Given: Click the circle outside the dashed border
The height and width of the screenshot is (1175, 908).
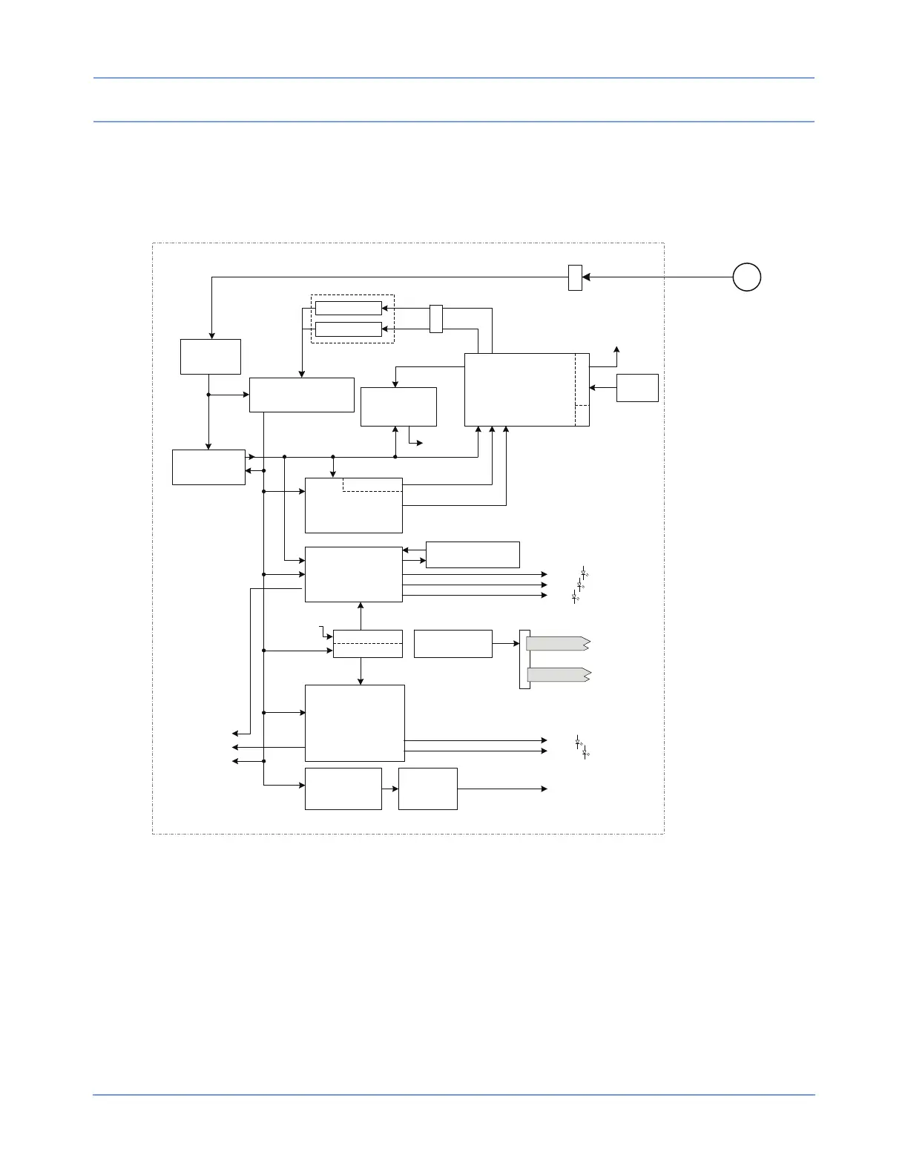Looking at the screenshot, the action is coord(746,277).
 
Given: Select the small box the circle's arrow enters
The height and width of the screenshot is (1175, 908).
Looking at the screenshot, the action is coord(575,277).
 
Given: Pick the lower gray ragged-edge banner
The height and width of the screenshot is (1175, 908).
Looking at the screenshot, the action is coord(558,675).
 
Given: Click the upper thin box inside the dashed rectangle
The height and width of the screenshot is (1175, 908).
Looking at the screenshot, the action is coord(348,309).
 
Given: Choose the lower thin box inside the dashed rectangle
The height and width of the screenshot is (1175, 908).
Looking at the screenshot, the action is coord(348,329).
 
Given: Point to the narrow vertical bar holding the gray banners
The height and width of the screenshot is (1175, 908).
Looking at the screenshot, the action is coord(524,659).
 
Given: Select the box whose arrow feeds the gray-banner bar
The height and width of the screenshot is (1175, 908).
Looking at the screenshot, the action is coord(453,643).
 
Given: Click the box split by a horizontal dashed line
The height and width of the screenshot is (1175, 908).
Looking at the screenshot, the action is coord(367,643).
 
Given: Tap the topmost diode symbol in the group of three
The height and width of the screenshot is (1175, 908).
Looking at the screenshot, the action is coord(585,573).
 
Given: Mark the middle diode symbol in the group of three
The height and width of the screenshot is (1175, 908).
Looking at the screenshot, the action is coord(579,585).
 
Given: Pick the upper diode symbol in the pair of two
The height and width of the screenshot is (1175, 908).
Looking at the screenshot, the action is coord(579,741).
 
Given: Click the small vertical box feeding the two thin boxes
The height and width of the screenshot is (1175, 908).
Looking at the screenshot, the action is coord(436,318).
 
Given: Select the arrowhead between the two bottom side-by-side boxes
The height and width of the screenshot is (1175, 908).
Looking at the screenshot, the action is coord(395,789).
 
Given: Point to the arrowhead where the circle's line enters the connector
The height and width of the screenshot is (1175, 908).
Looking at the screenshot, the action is coord(586,277).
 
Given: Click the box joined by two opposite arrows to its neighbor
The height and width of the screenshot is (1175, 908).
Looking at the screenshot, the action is coord(208,467).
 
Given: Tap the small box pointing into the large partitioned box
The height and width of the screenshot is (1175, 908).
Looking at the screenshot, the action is coord(637,388).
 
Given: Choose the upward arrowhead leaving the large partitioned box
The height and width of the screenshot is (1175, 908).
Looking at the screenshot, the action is coord(616,349).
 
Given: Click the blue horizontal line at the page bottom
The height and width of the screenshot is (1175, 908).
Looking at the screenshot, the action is coord(453,1094).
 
